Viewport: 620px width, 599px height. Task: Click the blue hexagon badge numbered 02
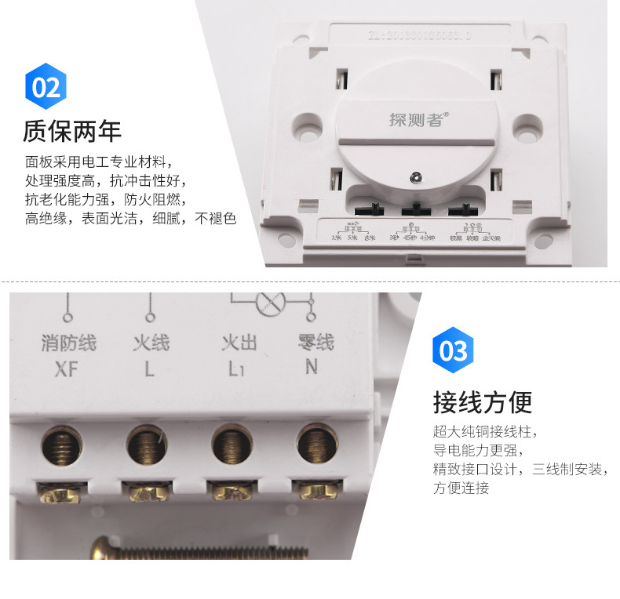[x=46, y=86]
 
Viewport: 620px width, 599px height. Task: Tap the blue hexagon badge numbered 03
[x=454, y=350]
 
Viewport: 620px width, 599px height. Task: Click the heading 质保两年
[x=72, y=131]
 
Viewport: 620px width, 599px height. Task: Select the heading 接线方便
[x=483, y=402]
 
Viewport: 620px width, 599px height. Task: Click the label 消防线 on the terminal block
[x=67, y=343]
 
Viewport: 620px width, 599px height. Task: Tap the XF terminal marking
[x=67, y=368]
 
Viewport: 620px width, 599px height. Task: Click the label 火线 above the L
[x=151, y=343]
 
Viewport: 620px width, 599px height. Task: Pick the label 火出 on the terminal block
[x=239, y=343]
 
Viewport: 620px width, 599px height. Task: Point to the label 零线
[x=315, y=343]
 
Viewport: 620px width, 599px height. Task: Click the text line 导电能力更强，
[x=477, y=451]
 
